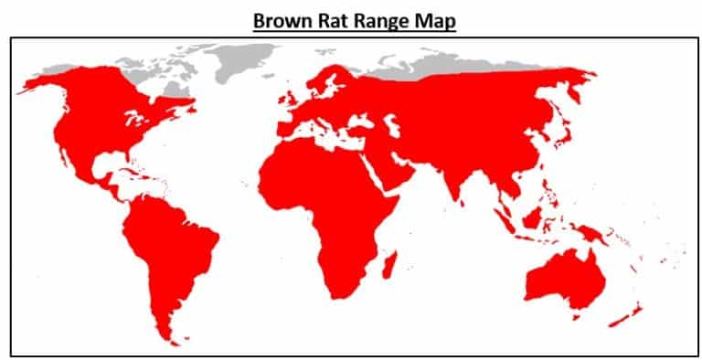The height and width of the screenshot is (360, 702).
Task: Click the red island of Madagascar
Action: (389, 265)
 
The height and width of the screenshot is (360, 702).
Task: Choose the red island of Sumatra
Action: (505, 219)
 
